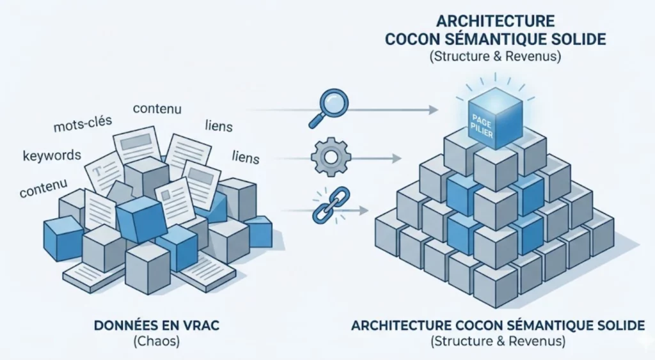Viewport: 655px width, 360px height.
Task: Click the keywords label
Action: tap(52, 155)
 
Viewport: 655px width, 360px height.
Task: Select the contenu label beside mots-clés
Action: tap(157, 108)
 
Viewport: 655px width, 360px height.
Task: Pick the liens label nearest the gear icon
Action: tap(246, 155)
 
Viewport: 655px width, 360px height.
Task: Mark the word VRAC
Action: tap(203, 325)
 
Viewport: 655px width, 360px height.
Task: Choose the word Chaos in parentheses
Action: tap(156, 341)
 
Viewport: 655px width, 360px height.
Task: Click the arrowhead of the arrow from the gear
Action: tap(397, 158)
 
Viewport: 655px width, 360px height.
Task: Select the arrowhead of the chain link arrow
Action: tap(366, 209)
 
